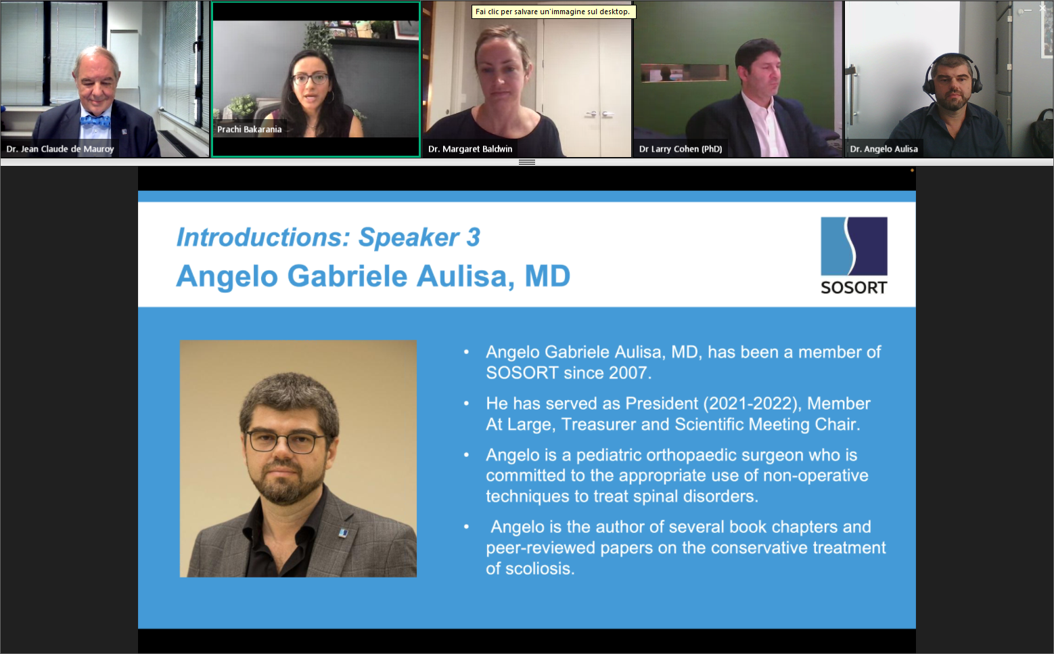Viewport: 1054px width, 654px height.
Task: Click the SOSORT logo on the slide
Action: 854,255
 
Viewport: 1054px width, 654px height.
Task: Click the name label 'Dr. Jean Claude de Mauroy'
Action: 60,149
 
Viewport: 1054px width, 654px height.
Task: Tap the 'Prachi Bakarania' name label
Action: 249,129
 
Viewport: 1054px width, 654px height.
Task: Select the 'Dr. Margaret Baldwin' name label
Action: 470,149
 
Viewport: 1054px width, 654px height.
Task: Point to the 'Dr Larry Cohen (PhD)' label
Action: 681,149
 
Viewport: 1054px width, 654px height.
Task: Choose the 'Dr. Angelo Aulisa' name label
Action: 884,149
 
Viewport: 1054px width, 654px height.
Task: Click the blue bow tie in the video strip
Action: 95,122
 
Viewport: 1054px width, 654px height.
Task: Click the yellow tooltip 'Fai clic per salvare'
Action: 553,12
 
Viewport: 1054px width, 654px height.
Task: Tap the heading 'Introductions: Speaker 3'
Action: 328,238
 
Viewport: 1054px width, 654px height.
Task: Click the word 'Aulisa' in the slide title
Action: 466,276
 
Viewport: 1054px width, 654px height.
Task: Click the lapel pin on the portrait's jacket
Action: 344,533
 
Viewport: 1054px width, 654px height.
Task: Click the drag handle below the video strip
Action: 527,162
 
